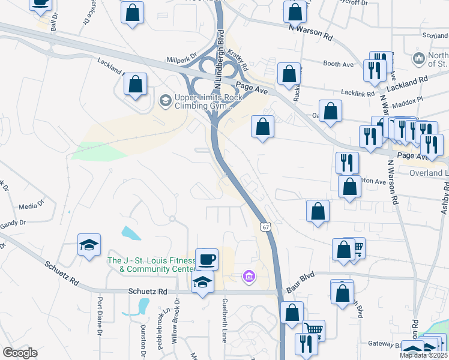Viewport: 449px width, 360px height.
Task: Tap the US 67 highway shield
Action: [x=265, y=227]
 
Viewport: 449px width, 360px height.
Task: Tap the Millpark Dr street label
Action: [x=181, y=59]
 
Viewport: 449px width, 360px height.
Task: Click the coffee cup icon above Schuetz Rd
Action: [x=206, y=260]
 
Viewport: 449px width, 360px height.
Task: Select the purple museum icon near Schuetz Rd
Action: [x=249, y=277]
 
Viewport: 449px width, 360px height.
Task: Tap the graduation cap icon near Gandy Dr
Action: [x=89, y=245]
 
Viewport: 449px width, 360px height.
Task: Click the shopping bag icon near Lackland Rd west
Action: [x=136, y=84]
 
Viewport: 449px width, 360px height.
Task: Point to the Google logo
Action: [x=20, y=353]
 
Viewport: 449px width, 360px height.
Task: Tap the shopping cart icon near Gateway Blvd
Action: [x=313, y=329]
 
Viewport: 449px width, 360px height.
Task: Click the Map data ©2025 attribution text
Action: [x=423, y=355]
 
